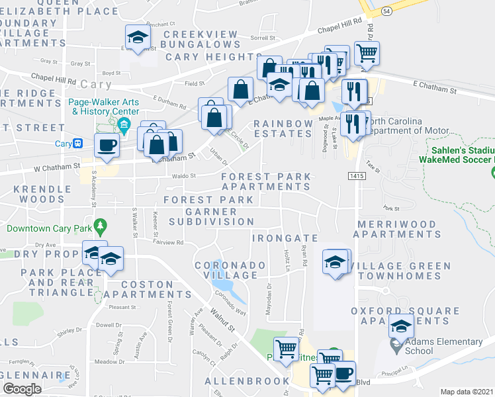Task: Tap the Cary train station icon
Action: tap(78, 144)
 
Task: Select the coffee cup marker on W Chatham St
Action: tap(107, 147)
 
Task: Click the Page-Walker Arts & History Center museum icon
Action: tap(122, 125)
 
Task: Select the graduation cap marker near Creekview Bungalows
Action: tap(138, 38)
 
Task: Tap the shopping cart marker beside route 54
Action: tap(367, 52)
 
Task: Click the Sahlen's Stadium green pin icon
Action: tap(492, 173)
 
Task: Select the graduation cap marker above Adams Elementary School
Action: tap(401, 326)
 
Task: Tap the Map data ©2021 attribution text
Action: tap(467, 392)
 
